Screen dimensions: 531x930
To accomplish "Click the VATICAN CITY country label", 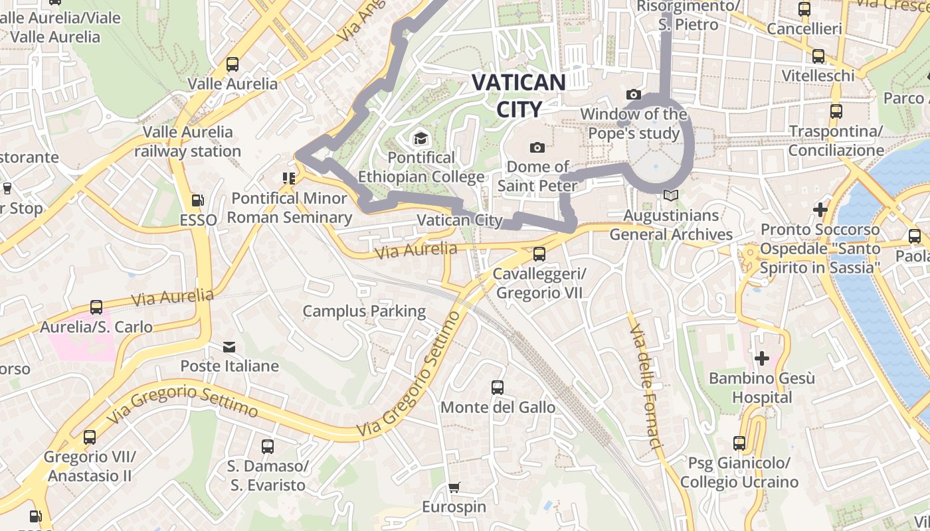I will pos(518,96).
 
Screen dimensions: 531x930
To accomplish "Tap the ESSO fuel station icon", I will pos(197,200).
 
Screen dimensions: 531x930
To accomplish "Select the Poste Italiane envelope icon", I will pos(229,346).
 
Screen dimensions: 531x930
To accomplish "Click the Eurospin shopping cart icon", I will pos(454,488).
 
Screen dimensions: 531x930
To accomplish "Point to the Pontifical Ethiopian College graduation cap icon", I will pos(420,138).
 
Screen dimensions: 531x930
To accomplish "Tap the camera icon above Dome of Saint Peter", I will pos(537,147).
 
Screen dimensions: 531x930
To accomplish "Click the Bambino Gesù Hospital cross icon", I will pos(761,359).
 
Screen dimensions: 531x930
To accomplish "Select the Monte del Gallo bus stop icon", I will pos(498,388).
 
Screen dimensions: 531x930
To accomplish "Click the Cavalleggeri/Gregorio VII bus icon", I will pos(539,254).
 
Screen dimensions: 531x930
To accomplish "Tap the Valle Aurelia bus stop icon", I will pos(232,64).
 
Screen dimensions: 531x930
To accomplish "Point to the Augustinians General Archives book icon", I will pos(671,196).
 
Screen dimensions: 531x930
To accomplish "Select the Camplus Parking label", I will pos(364,311).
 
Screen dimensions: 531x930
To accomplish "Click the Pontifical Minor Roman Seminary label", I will pos(289,208).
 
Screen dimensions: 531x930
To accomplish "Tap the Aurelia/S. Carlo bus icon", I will pos(96,307).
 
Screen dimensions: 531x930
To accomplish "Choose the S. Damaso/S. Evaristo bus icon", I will pos(268,447).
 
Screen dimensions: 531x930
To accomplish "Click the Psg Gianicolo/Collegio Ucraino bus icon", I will pos(739,443).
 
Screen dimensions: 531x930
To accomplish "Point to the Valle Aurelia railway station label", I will pos(188,141).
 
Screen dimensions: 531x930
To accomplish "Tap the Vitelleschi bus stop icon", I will pos(818,56).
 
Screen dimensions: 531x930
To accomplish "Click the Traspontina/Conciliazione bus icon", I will pos(836,112).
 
